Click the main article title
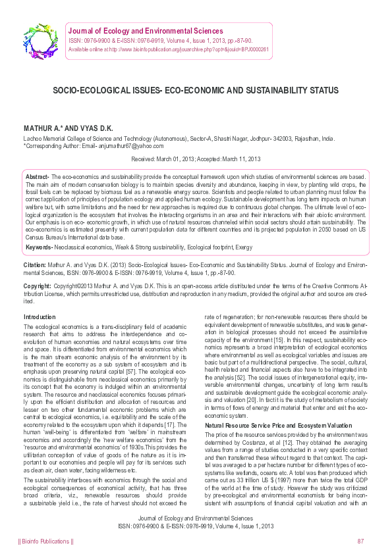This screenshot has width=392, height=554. pos(196,90)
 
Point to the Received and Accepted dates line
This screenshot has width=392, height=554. pos(196,159)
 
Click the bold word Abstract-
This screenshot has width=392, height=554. pos(38,178)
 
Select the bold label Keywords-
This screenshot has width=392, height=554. pos(40,247)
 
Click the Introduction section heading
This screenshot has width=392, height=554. pos(40,317)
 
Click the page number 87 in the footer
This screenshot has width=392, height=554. pos(360,541)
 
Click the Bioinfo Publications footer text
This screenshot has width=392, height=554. pos(46,541)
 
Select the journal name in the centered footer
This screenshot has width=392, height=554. pos(196,518)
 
